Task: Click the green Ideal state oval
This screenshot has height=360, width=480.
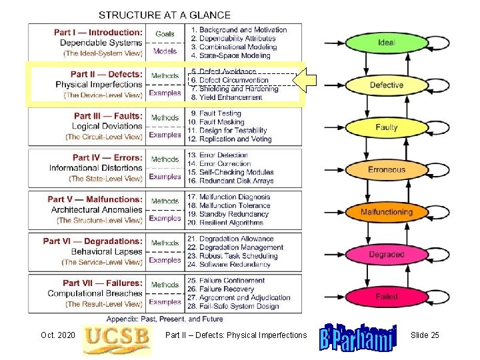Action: [x=386, y=43]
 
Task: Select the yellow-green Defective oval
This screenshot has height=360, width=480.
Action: [x=386, y=85]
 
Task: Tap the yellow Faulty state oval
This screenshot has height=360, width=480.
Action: [x=386, y=127]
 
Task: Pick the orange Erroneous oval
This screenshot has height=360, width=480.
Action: [x=386, y=169]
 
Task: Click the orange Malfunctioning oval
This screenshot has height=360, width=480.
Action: [x=386, y=212]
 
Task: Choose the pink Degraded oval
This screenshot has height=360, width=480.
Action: [x=386, y=254]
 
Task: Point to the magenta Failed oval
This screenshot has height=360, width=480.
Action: [x=386, y=296]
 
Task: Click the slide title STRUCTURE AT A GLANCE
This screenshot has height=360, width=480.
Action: [x=165, y=15]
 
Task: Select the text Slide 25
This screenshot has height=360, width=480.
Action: [x=425, y=335]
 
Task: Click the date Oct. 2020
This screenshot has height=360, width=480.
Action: [x=57, y=335]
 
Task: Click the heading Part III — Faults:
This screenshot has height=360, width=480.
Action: [x=108, y=116]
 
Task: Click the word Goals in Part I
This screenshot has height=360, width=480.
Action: [x=165, y=33]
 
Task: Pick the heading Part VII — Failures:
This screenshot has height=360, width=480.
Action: [x=103, y=283]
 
